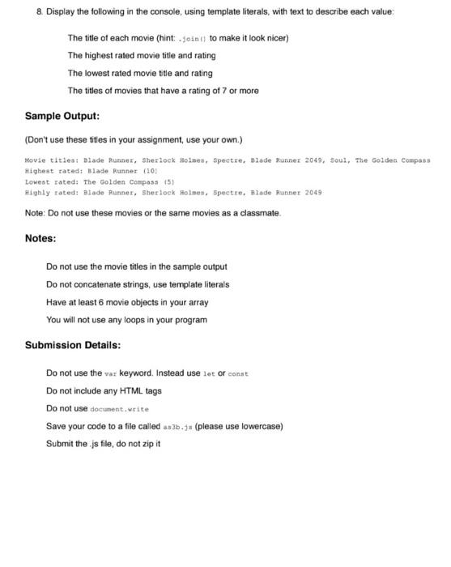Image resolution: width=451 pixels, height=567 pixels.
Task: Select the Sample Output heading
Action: pos(62,116)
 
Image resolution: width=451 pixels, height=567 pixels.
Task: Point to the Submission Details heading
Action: pos(73,345)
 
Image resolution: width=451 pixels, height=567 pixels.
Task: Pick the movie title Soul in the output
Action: pos(339,160)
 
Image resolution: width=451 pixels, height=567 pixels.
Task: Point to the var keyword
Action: pos(112,373)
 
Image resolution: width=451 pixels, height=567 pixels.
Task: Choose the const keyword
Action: pos(238,373)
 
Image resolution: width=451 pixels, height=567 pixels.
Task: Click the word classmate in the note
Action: pos(257,212)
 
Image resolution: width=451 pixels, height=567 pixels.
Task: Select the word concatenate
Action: pos(110,284)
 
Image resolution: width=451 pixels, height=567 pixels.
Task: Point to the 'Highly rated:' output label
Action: pos(49,192)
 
